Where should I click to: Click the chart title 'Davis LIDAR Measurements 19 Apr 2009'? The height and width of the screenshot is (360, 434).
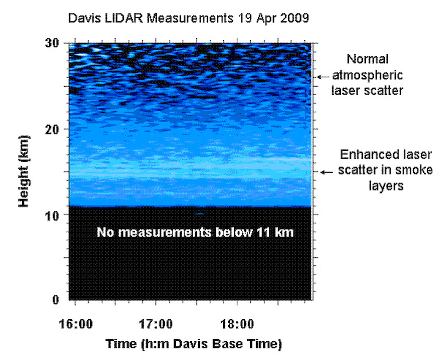point(189,18)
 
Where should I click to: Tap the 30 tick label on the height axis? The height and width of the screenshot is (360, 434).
point(52,43)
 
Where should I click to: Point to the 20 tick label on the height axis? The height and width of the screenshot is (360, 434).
point(52,130)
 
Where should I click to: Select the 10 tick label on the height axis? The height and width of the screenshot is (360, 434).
point(52,216)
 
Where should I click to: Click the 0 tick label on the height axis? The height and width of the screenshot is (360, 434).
point(56,300)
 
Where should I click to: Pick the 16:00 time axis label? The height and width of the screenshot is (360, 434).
point(76,324)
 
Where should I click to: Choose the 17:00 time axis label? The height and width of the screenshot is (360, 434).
point(156,324)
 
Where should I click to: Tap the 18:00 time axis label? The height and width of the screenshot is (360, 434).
point(237,324)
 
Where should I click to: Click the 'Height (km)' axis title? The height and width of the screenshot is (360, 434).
point(24,171)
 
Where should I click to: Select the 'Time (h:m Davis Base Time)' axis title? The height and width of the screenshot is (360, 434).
point(194,344)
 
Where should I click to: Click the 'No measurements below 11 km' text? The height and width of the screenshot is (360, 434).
point(195,232)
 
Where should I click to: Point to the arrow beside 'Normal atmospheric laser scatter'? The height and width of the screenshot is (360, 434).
point(323,77)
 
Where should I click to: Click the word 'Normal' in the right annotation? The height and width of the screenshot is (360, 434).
point(368,59)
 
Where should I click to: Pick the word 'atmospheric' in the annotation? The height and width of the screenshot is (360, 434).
point(368,75)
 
